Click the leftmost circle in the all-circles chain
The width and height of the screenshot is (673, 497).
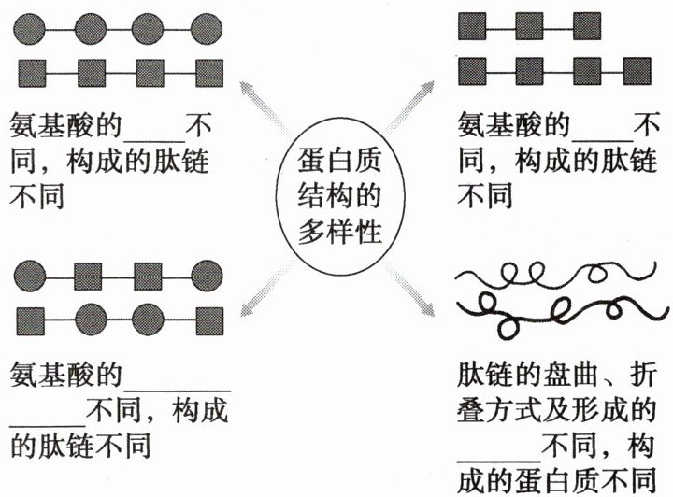pos(33,26)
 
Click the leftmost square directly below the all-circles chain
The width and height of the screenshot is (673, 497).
pos(33,70)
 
